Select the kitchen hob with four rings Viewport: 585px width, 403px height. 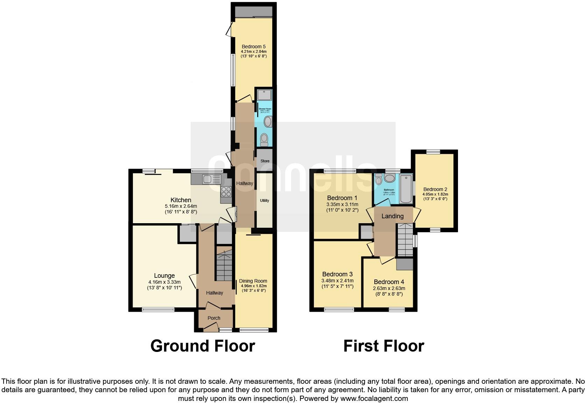click(226, 192)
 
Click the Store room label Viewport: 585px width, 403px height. click(265, 161)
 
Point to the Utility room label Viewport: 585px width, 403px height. click(265, 200)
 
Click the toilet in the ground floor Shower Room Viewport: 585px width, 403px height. click(264, 140)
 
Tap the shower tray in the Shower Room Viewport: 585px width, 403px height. click(264, 94)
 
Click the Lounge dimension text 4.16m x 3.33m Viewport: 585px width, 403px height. click(164, 282)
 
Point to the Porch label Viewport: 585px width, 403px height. click(214, 318)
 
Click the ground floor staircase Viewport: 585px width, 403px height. click(224, 264)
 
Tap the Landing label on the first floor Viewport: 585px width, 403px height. click(392, 216)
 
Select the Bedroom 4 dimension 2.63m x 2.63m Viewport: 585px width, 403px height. click(389, 288)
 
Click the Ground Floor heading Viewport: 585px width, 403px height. click(203, 346)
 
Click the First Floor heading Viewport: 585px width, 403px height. click(383, 346)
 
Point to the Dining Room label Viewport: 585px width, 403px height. click(253, 281)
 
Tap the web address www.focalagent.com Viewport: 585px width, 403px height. click(374, 398)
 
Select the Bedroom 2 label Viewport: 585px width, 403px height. click(435, 189)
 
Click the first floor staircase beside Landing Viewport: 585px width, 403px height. click(405, 240)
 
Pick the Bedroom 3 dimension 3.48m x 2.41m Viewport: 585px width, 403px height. click(337, 281)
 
